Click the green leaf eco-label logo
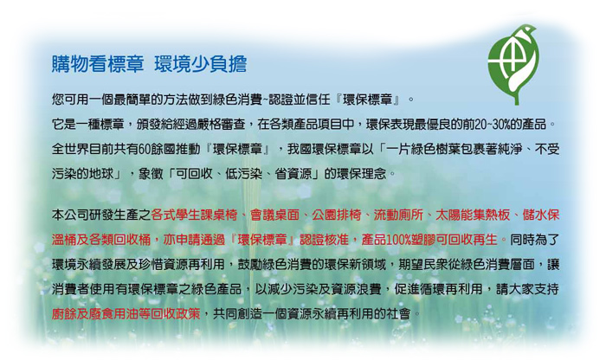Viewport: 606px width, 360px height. pyautogui.click(x=513, y=64)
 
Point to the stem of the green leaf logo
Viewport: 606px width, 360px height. pyautogui.click(x=516, y=96)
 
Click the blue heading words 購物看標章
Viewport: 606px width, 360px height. pyautogui.click(x=98, y=64)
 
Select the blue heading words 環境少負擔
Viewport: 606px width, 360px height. pyautogui.click(x=200, y=64)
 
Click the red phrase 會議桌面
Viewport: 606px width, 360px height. pyautogui.click(x=274, y=215)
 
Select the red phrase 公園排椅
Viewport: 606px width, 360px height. pyautogui.click(x=336, y=215)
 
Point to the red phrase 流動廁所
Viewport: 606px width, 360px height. pyautogui.click(x=398, y=215)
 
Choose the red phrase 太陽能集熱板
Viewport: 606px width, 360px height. pyautogui.click(x=473, y=215)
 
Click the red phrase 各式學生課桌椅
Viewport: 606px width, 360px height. pyautogui.click(x=194, y=215)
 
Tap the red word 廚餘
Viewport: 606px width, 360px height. pyautogui.click(x=64, y=313)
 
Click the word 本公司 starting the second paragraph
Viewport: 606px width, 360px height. pyautogui.click(x=70, y=215)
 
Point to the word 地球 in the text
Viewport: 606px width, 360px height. pyautogui.click(x=101, y=174)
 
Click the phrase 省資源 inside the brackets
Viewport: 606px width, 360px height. pyautogui.click(x=293, y=174)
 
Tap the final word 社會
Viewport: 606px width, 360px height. pyautogui.click(x=398, y=313)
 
